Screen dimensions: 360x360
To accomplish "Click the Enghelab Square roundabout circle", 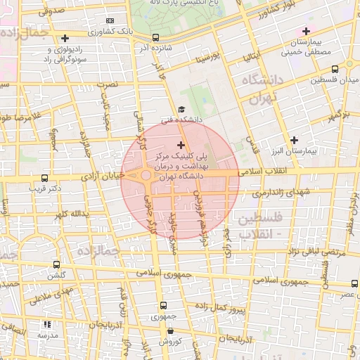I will pyautogui.click(x=146, y=175).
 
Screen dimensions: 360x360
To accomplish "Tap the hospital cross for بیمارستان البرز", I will pyautogui.click(x=294, y=140).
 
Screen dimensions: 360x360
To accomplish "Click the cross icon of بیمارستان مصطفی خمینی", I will pyautogui.click(x=306, y=31).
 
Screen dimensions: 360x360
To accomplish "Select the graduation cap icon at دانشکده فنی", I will pyautogui.click(x=182, y=110).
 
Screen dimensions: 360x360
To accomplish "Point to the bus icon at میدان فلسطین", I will pyautogui.click(x=334, y=69).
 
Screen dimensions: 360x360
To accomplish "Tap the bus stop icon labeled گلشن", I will pyautogui.click(x=56, y=265).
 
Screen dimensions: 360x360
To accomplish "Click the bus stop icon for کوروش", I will pyautogui.click(x=170, y=330).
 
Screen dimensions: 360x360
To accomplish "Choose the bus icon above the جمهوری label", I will pyautogui.click(x=164, y=305).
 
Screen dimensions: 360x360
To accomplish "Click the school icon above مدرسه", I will pyautogui.click(x=48, y=324).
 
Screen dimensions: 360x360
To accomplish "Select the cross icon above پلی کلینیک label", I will pyautogui.click(x=181, y=144).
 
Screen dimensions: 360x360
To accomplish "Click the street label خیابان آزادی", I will pyautogui.click(x=102, y=174).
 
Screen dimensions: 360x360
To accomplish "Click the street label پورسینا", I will pyautogui.click(x=209, y=53).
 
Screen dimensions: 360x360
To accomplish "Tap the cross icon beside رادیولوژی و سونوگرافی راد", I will pyautogui.click(x=65, y=38).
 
